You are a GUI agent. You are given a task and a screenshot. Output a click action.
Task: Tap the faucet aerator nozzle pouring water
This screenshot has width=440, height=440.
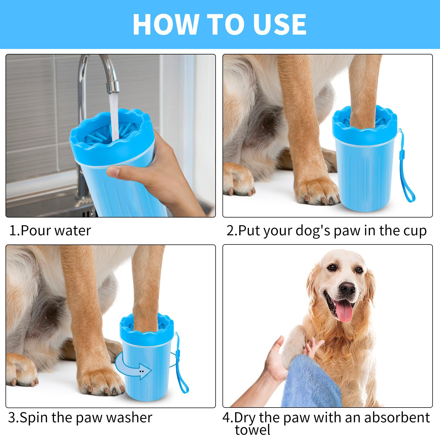(x=113, y=86)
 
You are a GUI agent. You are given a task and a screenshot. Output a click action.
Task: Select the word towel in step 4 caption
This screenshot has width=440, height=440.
(x=252, y=430)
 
